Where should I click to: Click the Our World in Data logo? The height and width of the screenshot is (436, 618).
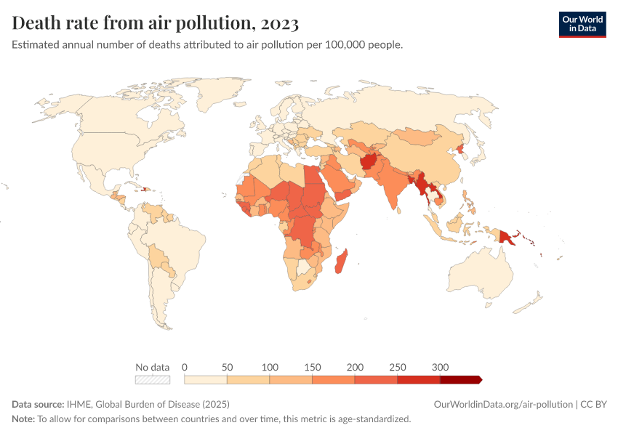582,24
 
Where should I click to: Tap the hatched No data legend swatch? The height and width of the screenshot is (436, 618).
153,379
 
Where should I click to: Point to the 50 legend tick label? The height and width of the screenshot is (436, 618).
227,366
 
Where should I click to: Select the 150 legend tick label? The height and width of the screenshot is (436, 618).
312,366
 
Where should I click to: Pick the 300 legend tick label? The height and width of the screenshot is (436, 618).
440,366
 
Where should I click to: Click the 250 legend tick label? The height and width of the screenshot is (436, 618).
398,366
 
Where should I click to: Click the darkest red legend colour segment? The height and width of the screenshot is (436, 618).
460,379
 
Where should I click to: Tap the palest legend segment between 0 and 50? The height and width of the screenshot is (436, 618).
206,379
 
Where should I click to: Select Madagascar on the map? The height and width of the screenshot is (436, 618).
340,261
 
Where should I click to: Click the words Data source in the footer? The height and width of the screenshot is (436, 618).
37,404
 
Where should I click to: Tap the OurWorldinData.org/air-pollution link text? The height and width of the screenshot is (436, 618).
502,404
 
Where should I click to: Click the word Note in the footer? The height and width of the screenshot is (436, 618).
23,419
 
